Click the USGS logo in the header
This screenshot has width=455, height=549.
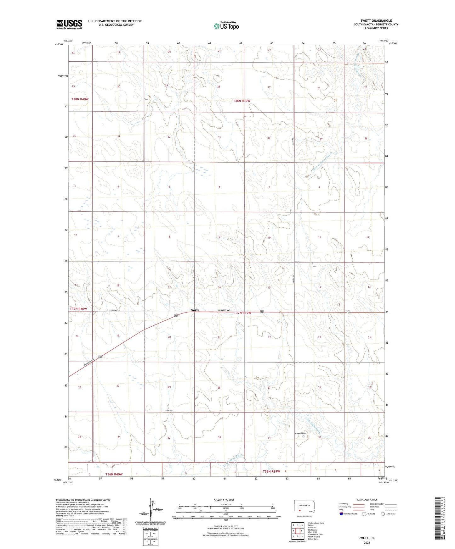tap(69, 24)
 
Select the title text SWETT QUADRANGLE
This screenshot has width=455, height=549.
tap(376, 21)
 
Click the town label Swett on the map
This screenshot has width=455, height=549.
tap(195, 310)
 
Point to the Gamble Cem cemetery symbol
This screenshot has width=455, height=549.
tap(304, 436)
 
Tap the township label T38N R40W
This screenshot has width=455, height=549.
tap(80, 99)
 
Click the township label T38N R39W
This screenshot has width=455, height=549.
tap(242, 101)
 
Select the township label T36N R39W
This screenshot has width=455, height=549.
tap(271, 471)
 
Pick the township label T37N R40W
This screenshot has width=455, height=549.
tap(78, 309)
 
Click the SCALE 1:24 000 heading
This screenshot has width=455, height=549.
tap(224, 500)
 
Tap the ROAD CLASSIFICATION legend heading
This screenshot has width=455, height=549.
tap(367, 500)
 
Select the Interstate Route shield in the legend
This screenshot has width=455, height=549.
tap(342, 514)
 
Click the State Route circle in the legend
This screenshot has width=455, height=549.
tap(383, 514)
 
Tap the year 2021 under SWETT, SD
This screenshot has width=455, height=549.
tap(367, 542)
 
